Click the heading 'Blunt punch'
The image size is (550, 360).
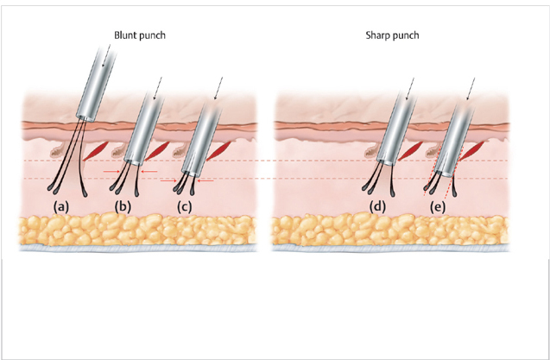point(138,37)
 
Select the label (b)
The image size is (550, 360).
point(123,207)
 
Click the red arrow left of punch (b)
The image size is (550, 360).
point(112,172)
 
